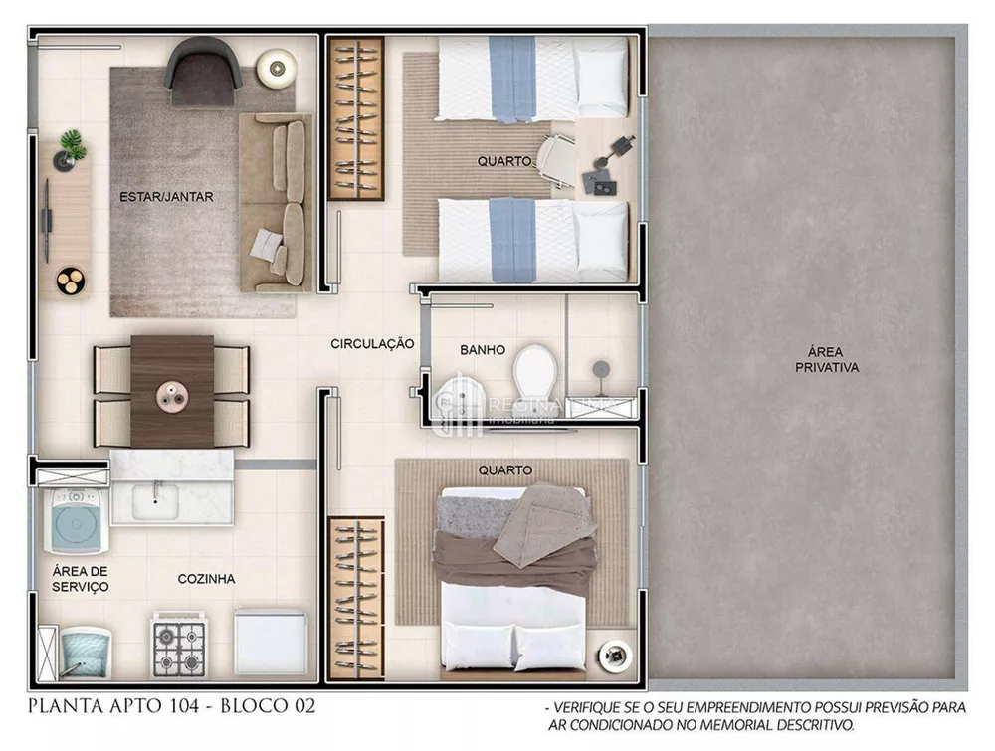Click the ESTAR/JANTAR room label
coord(166,197)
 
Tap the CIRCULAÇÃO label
coord(372,344)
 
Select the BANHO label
coord(483,350)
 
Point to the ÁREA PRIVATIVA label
coord(826,359)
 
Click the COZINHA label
coord(206,579)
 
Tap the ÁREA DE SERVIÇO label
coord(81,579)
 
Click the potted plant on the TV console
coord(72,146)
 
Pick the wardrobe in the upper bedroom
coord(356,118)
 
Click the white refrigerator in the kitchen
coord(271,643)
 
